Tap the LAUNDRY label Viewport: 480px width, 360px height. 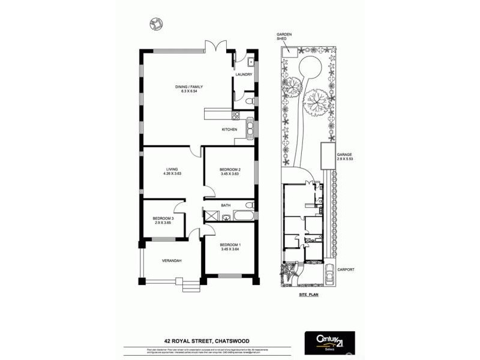pyautogui.click(x=244, y=74)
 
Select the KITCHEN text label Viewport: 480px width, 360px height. pyautogui.click(x=230, y=130)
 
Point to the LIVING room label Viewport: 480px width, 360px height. pyautogui.click(x=172, y=170)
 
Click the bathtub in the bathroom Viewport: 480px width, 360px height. pyautogui.click(x=240, y=215)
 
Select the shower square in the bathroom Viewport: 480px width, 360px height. pyautogui.click(x=211, y=216)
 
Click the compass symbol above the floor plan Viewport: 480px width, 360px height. pyautogui.click(x=156, y=23)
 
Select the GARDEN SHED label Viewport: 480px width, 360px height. pyautogui.click(x=284, y=37)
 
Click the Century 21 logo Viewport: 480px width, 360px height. pyautogui.click(x=329, y=343)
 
